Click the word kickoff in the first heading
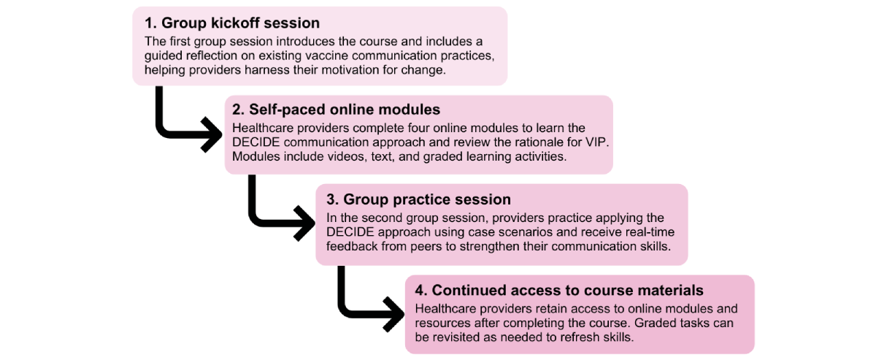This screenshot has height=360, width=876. click(x=235, y=23)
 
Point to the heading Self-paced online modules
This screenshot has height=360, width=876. click(x=337, y=110)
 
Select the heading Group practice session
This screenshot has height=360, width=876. click(x=419, y=199)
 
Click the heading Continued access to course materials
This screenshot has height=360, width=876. click(x=559, y=291)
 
